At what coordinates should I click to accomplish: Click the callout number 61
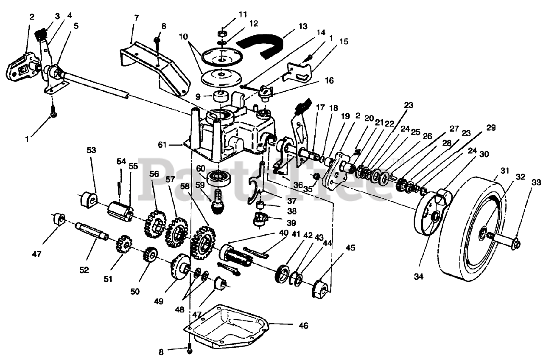click(x=162, y=145)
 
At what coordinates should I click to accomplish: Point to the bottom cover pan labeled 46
click(x=227, y=326)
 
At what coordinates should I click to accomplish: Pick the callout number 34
click(x=419, y=276)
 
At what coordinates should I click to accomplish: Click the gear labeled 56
click(x=155, y=225)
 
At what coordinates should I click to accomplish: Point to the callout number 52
click(x=84, y=270)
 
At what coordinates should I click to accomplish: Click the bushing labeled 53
click(x=88, y=200)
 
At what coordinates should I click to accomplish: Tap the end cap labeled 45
click(x=322, y=290)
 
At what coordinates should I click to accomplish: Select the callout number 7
click(x=137, y=18)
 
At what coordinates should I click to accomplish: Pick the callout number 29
click(x=491, y=128)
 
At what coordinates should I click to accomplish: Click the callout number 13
click(x=303, y=26)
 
